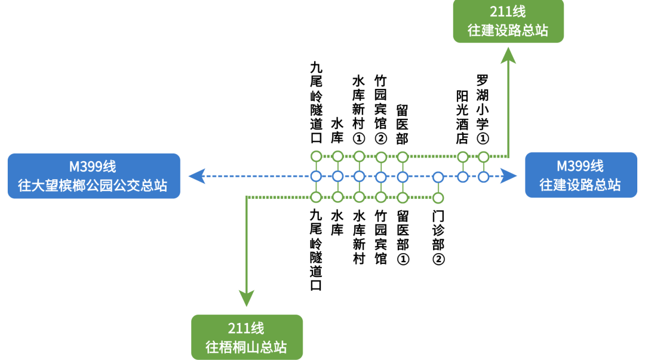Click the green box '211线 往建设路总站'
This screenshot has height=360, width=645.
coord(508,21)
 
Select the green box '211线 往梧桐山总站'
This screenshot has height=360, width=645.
coord(246,337)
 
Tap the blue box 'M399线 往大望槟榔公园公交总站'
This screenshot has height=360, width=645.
coord(94,176)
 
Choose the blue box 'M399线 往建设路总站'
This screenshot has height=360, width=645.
coord(580,175)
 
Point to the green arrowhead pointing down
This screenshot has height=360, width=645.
coord(247,297)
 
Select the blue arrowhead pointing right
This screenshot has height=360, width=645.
coord(509,176)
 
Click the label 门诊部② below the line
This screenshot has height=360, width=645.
coord(438,237)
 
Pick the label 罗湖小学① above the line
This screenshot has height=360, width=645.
coord(483,109)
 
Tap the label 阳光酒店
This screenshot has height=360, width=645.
coord(462,117)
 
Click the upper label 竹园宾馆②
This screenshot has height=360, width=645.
coord(380,109)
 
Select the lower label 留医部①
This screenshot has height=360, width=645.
coord(403,237)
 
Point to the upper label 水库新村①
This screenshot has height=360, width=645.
coord(359,109)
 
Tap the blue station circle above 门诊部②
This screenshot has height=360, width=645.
coord(438,177)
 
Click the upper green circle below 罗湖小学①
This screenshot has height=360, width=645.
coord(483,157)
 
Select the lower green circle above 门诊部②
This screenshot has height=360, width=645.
coord(438,197)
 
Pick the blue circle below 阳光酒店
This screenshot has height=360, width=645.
coord(462,177)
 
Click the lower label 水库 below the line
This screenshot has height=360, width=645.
coord(337,222)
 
